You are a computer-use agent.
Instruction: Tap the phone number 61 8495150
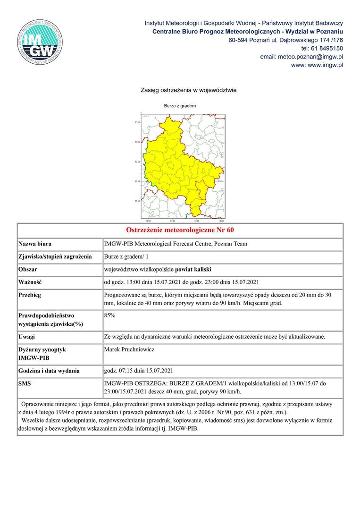(x=327, y=48)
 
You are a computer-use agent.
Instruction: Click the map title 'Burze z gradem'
(x=180, y=106)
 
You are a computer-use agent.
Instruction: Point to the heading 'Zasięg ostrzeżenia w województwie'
(x=188, y=90)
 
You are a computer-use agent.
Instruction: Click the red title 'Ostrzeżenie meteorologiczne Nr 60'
(x=180, y=230)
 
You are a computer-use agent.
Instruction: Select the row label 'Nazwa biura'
(x=35, y=244)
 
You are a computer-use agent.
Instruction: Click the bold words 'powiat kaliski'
(x=193, y=270)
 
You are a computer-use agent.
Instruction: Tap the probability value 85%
(x=109, y=315)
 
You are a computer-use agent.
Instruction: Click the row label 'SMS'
(x=25, y=384)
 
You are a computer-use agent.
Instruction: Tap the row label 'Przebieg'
(x=30, y=295)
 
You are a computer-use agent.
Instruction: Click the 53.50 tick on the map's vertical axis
(x=138, y=122)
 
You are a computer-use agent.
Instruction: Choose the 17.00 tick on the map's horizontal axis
(x=172, y=221)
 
